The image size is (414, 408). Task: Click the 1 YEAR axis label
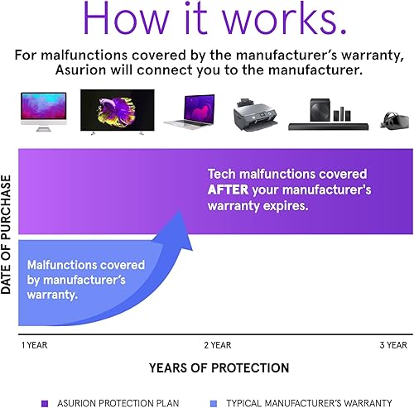[x=33, y=344]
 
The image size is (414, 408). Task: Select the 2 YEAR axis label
[x=217, y=344]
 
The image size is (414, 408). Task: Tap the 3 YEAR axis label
[x=392, y=344]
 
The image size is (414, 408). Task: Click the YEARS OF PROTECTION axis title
[x=219, y=367]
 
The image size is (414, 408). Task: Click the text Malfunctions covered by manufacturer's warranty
[x=86, y=280]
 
